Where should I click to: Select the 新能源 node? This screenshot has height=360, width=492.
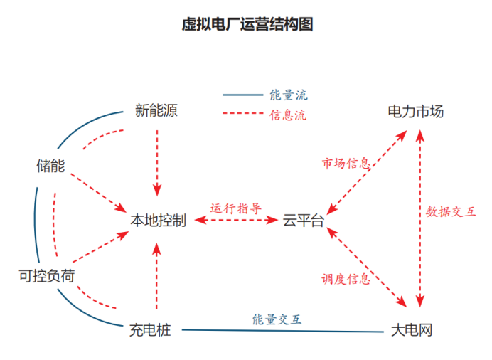click(156, 110)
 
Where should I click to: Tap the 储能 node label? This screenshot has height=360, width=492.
click(50, 166)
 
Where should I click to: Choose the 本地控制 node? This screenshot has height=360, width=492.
click(158, 221)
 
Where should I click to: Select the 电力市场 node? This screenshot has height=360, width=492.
click(415, 112)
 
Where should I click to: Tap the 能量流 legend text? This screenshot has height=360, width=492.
click(289, 95)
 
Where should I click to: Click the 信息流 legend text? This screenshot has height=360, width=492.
click(289, 114)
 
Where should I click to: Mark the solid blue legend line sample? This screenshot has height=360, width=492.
click(242, 95)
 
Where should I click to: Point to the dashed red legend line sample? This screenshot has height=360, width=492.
click(242, 114)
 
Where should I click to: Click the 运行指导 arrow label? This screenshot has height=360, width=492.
click(235, 208)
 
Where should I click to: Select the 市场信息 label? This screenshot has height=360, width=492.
click(346, 164)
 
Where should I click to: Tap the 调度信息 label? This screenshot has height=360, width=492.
click(346, 279)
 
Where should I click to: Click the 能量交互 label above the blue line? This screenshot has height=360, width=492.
click(277, 319)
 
